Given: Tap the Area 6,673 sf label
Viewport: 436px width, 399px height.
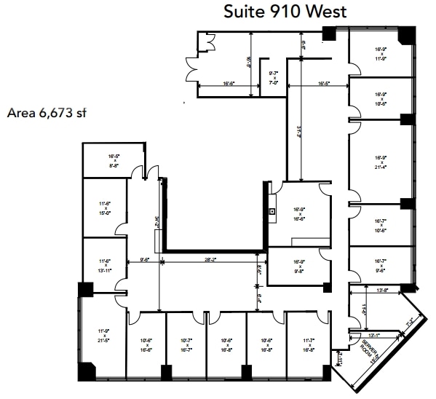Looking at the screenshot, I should (x=47, y=113).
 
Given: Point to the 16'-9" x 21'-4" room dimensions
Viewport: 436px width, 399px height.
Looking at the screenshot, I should (x=380, y=162).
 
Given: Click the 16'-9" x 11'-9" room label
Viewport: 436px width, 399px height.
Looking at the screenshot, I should (x=380, y=53).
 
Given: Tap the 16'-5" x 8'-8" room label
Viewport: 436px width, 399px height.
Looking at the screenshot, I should (x=113, y=160).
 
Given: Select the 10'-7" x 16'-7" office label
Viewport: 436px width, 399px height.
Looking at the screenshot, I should (x=185, y=344).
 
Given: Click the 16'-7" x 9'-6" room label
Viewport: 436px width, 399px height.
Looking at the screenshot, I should (x=380, y=264).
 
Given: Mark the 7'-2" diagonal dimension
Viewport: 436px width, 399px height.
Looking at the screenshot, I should (x=410, y=320).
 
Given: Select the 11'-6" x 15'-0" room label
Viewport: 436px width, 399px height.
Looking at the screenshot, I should (x=105, y=208).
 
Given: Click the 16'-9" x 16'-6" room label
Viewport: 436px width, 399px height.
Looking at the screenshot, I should (x=298, y=213).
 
